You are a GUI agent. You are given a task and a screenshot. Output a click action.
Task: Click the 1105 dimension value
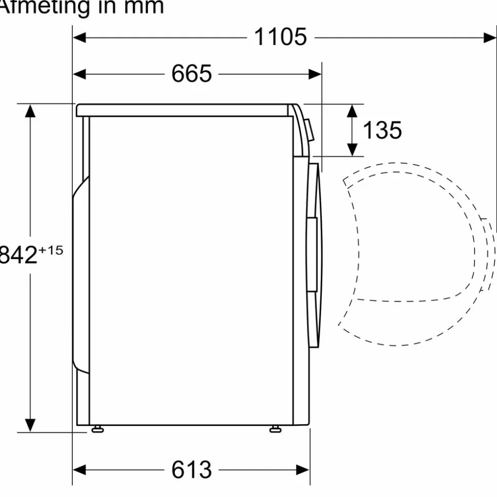coord(280,37)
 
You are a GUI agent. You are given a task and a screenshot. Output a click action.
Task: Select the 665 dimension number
coord(191,74)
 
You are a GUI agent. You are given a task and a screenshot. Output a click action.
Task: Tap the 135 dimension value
coord(382,131)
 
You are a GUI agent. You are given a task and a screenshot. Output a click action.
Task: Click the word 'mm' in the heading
coord(141,7)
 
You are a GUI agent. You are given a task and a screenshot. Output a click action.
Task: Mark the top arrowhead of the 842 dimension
coord(31,111)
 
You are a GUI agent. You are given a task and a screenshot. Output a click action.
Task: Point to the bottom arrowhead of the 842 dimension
coord(31,425)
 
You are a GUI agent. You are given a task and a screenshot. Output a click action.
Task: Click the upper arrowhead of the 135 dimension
coord(353,111)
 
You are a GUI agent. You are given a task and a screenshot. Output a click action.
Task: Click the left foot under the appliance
coord(97,429)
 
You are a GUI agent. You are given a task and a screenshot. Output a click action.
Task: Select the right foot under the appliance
coord(275,429)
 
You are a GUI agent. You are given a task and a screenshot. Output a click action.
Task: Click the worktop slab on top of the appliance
coord(184,110)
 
